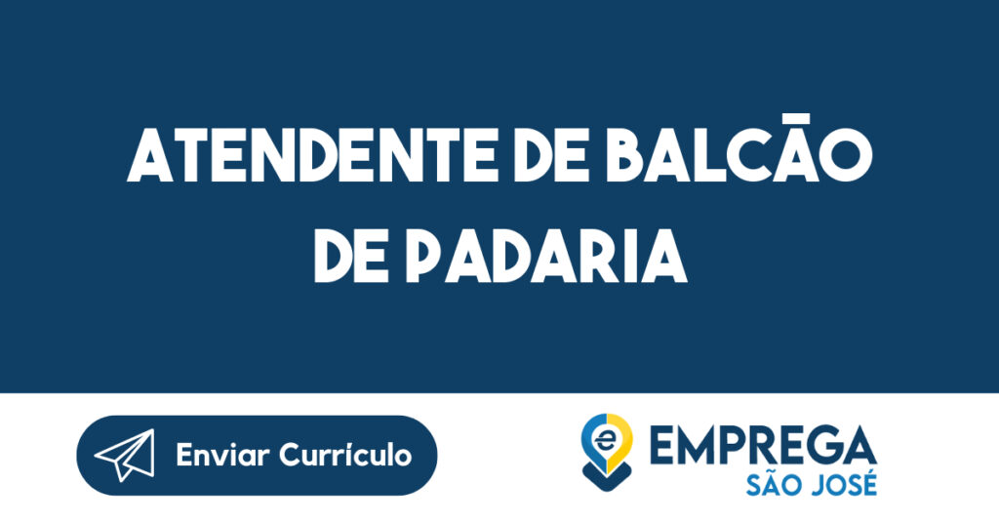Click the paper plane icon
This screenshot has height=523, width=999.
tap(125, 455)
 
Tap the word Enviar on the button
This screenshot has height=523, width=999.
tap(223, 455)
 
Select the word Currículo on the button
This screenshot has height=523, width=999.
tap(346, 455)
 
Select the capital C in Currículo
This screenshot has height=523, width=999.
tap(290, 455)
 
